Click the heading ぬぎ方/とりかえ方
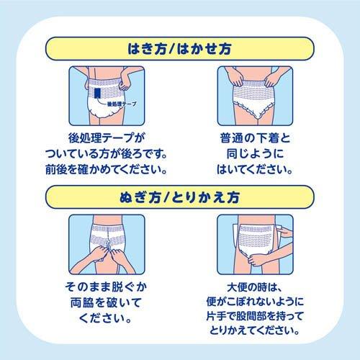coord(179,196)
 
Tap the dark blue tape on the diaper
coord(98,94)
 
